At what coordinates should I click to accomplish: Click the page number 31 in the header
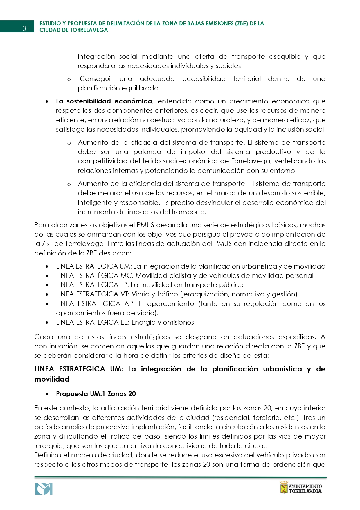[26, 28]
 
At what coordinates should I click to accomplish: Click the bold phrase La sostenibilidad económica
[104, 101]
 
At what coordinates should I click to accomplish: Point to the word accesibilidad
[204, 79]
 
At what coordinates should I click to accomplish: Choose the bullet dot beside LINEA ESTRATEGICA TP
[47, 285]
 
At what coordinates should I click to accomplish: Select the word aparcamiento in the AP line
[170, 304]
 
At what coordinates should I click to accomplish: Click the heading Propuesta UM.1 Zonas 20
[96, 394]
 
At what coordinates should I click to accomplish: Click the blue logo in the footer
[44, 489]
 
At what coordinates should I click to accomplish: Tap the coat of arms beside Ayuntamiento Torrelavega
[284, 487]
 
